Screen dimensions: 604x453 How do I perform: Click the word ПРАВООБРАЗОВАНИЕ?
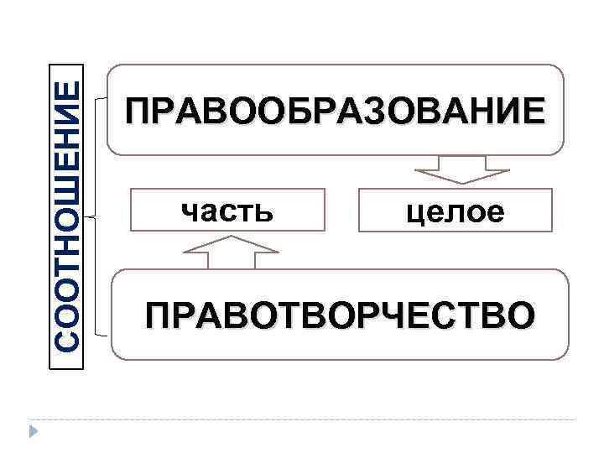[333, 111]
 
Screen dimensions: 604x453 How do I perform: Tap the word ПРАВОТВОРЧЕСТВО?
[338, 317]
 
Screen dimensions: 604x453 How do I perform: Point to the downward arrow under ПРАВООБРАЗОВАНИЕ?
[462, 170]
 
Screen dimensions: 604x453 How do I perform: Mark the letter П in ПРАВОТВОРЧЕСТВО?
[158, 317]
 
